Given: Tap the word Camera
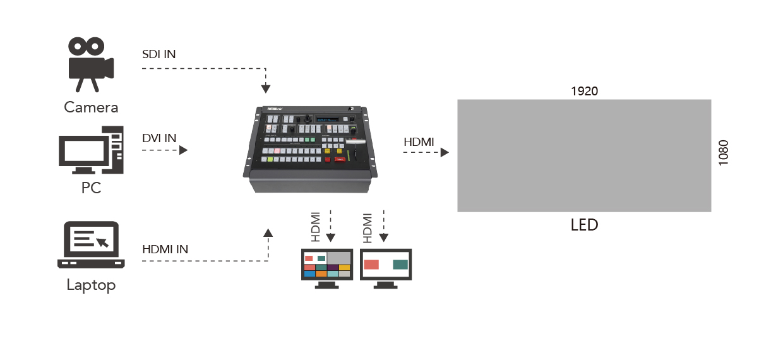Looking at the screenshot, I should [x=91, y=107].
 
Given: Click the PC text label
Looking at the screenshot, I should [x=91, y=188].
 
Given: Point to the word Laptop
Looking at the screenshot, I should [x=92, y=285].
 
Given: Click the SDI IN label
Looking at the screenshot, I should [x=159, y=54].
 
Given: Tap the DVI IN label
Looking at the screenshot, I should [x=159, y=138].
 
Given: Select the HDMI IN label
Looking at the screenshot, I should [x=165, y=249].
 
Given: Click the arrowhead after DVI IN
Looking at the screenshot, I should [x=184, y=150].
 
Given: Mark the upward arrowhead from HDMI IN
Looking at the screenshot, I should [x=268, y=232].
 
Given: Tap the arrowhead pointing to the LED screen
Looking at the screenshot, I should [x=445, y=152].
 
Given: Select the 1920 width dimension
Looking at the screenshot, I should [x=584, y=91].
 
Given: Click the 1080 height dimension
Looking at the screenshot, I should [x=724, y=153].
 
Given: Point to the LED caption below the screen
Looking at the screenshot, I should [x=584, y=225].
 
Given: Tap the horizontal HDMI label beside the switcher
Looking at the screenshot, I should [x=419, y=142].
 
